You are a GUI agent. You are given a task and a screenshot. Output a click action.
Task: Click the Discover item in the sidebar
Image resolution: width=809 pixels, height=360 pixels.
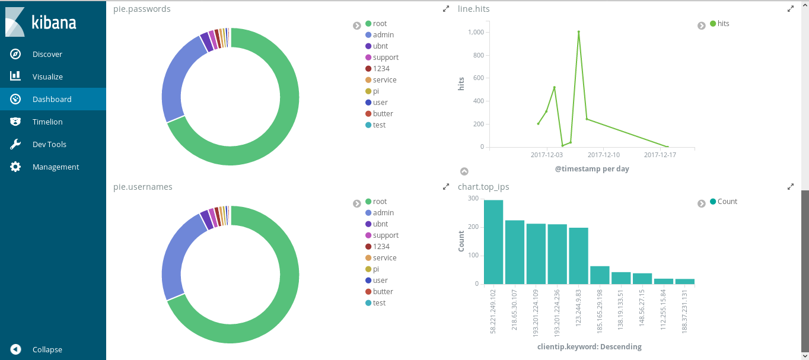click(47, 54)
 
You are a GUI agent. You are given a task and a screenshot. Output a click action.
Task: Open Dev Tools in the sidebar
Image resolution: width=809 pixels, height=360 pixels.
click(49, 144)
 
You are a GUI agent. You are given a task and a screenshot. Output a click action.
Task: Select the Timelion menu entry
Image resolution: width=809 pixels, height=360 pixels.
click(47, 122)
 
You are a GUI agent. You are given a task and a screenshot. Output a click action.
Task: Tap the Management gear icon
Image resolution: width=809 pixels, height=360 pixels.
click(16, 167)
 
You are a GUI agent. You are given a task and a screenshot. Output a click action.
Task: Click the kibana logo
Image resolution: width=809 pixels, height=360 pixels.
click(41, 23)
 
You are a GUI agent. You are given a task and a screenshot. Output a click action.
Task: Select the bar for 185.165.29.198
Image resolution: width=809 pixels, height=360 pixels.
click(600, 275)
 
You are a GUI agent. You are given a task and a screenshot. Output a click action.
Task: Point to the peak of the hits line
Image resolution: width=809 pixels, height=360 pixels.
click(578, 31)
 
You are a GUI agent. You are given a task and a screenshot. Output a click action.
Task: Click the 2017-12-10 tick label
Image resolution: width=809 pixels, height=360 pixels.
click(603, 155)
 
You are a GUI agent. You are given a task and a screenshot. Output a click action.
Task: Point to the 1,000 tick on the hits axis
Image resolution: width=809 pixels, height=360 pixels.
click(475, 32)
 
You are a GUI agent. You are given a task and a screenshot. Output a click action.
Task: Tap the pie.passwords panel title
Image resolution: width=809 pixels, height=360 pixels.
click(142, 9)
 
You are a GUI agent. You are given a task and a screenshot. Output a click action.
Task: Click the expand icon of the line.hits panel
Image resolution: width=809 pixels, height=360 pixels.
click(790, 9)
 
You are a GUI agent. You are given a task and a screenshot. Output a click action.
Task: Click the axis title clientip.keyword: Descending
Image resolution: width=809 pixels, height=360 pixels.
click(589, 346)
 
